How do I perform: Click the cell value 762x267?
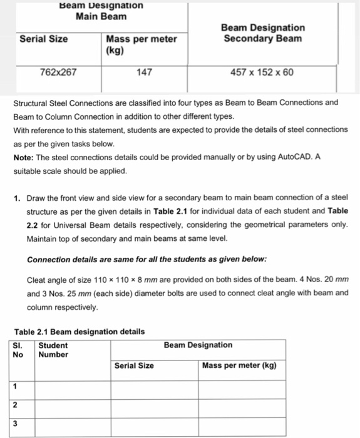click(58, 72)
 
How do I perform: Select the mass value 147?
click(145, 72)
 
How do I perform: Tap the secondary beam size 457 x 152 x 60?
click(262, 72)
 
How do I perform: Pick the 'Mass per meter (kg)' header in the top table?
click(141, 44)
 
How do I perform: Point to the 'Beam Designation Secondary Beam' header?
click(263, 33)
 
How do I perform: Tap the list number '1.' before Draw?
click(18, 198)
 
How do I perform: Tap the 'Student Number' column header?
click(53, 350)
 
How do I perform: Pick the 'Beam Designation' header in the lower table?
click(198, 345)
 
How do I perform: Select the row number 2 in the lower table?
click(15, 406)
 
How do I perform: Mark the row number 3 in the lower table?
click(15, 425)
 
